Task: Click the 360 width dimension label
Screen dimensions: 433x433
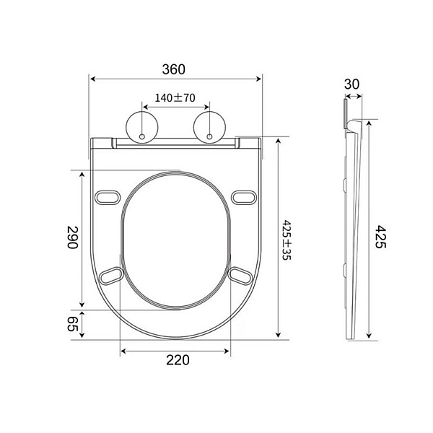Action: tap(173, 69)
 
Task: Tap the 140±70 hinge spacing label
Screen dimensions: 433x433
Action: tap(175, 97)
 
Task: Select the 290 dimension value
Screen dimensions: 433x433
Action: tap(73, 237)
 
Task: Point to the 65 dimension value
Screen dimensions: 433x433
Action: tap(73, 323)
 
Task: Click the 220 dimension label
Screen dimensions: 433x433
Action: tap(178, 360)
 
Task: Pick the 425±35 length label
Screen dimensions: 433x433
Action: tap(287, 240)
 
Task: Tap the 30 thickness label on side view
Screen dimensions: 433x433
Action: tap(352, 84)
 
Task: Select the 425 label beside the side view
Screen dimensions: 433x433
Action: tap(380, 237)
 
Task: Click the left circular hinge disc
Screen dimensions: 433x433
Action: tap(142, 127)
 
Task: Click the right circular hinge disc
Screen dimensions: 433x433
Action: tap(209, 127)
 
